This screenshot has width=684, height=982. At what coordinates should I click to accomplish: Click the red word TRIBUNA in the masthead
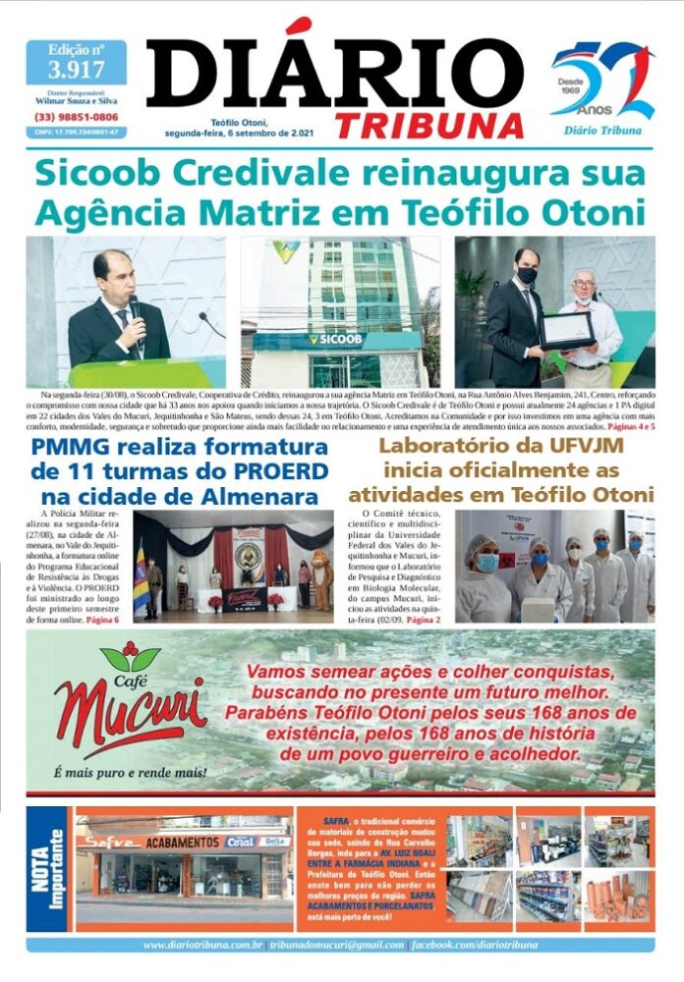pyautogui.click(x=428, y=125)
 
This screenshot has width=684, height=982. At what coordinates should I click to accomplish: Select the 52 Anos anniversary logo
pyautogui.click(x=602, y=84)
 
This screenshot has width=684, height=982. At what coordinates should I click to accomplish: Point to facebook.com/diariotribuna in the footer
pyautogui.click(x=476, y=945)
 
